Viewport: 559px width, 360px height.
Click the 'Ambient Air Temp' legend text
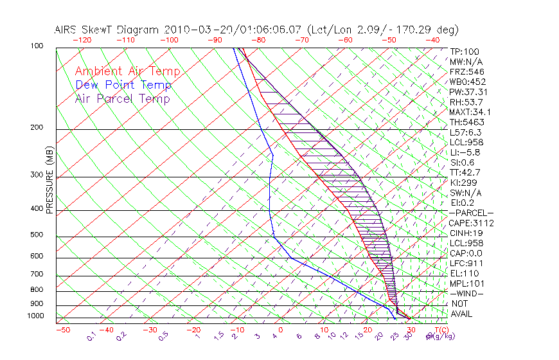click(x=127, y=71)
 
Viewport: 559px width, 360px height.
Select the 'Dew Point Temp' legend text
click(x=123, y=85)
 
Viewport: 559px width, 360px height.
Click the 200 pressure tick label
click(x=37, y=127)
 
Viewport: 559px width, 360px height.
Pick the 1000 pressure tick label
click(x=35, y=316)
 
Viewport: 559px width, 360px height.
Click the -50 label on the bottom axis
click(x=63, y=330)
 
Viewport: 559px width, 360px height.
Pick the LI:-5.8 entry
click(x=465, y=152)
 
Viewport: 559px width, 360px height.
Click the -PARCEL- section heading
click(x=471, y=213)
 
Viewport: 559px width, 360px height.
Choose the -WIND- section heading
click(x=466, y=293)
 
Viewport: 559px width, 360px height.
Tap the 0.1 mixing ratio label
click(x=92, y=336)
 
